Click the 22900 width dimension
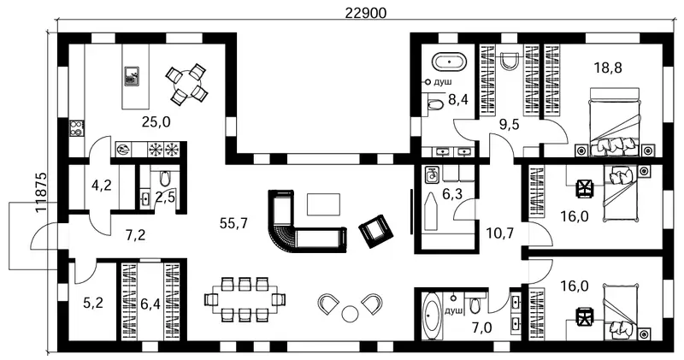pyautogui.click(x=366, y=14)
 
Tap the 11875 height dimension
pyautogui.click(x=41, y=192)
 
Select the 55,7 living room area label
pyautogui.click(x=233, y=224)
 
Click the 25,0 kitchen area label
pyautogui.click(x=156, y=122)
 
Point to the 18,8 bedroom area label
pyautogui.click(x=608, y=68)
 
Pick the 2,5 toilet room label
pyautogui.click(x=165, y=198)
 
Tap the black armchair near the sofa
pyautogui.click(x=375, y=230)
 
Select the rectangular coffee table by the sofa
pyautogui.click(x=324, y=204)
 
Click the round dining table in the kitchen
pyautogui.click(x=186, y=84)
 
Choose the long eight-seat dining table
pyautogui.click(x=245, y=299)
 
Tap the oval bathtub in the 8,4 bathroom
pyautogui.click(x=449, y=62)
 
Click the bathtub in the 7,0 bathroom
pyautogui.click(x=432, y=316)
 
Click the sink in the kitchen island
pyautogui.click(x=132, y=75)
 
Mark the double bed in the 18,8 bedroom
pyautogui.click(x=615, y=121)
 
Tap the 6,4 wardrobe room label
pyautogui.click(x=150, y=304)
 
